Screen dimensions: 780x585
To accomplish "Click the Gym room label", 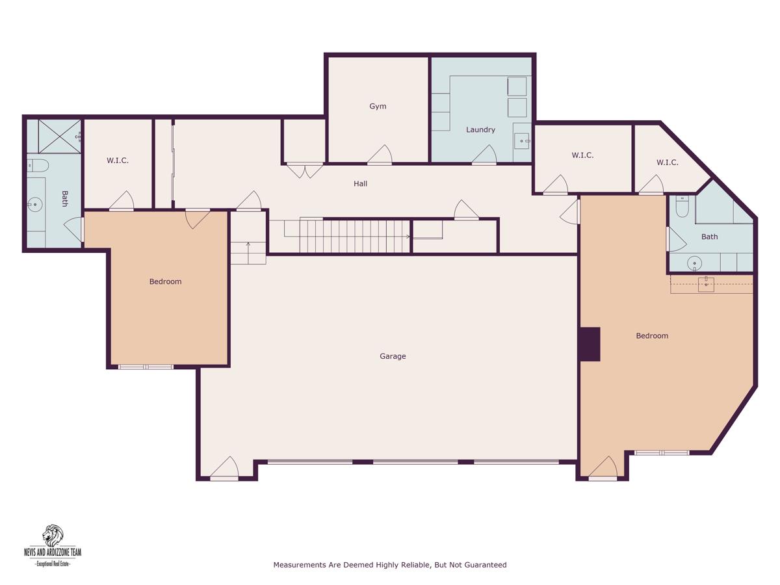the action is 378,106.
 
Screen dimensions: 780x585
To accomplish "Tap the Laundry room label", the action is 480,129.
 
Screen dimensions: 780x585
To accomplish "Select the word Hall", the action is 360,184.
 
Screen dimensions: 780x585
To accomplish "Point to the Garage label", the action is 393,356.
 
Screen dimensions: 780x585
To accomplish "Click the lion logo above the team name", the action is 53,536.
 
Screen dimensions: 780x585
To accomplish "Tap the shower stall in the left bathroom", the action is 59,136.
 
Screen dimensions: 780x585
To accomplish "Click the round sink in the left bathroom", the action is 35,205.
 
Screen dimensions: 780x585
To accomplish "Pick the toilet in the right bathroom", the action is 682,206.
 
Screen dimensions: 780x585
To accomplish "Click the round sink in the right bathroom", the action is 694,264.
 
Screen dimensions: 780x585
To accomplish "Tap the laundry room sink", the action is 522,141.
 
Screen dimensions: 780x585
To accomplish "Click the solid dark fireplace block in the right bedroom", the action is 589,344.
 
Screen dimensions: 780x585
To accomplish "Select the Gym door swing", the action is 380,155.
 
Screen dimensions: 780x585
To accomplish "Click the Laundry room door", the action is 484,155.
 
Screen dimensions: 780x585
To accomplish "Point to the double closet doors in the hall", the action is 305,170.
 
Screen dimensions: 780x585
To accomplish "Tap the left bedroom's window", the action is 146,367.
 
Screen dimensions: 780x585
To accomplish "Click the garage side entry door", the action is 224,468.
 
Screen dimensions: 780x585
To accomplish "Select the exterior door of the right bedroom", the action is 603,468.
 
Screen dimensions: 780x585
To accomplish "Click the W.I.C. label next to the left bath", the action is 118,161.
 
